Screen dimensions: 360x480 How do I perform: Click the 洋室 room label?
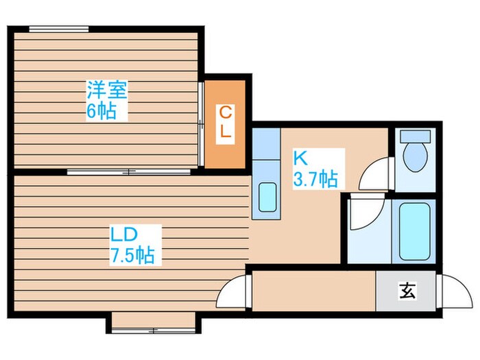[108, 90]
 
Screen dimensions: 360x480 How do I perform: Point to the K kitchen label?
[300, 158]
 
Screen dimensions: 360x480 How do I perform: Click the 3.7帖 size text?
[315, 180]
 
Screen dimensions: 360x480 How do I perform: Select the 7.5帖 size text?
[132, 256]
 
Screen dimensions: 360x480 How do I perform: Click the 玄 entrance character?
[406, 291]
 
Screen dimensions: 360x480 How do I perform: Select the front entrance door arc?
[453, 290]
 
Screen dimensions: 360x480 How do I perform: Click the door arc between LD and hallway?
[232, 292]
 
